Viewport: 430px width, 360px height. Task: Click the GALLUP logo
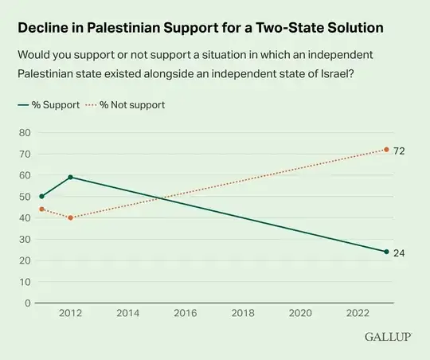tap(388, 336)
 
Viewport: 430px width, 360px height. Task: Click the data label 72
tap(400, 150)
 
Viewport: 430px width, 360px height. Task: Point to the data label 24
tap(400, 252)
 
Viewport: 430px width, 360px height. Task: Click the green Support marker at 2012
tap(70, 177)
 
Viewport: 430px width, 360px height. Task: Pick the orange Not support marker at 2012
tap(70, 217)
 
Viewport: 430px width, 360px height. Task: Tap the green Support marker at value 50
tap(41, 196)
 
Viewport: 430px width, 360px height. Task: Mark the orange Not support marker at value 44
tap(41, 209)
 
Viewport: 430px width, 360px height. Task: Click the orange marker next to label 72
tap(386, 150)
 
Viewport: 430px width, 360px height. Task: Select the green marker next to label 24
tap(386, 252)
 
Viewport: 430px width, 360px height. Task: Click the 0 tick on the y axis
tap(27, 303)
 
